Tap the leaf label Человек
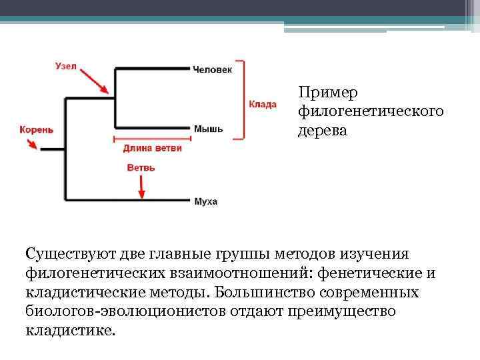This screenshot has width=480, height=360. click(x=213, y=69)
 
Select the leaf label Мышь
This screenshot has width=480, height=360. click(x=209, y=128)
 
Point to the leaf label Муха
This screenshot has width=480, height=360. click(x=206, y=201)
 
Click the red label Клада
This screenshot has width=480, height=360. click(x=263, y=104)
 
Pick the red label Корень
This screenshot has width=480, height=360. click(x=36, y=129)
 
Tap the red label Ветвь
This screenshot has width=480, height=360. click(x=141, y=168)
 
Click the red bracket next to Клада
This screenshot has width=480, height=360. click(x=243, y=99)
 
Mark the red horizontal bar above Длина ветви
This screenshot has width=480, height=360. click(x=153, y=139)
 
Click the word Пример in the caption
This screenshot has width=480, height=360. click(x=320, y=93)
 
